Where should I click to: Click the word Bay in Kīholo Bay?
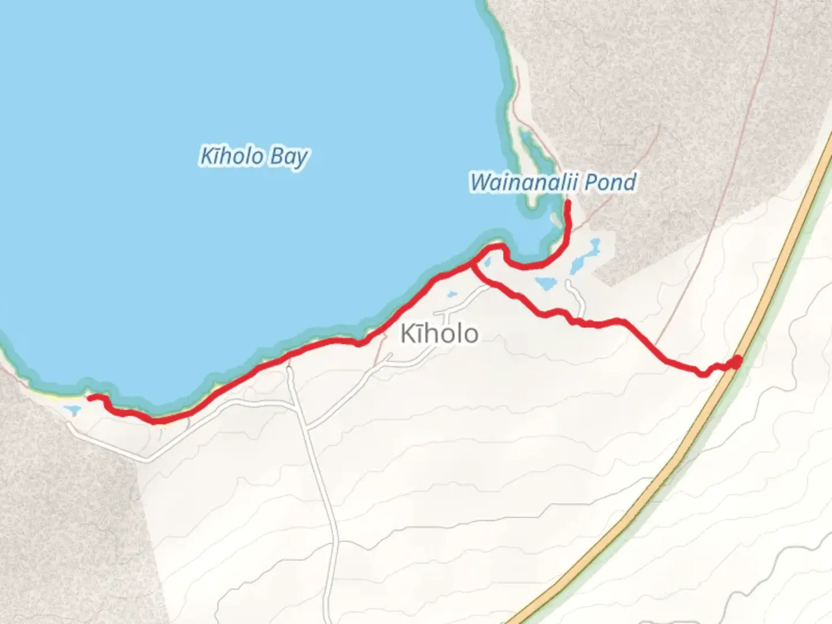tap(288, 158)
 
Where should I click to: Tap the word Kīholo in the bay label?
tap(231, 156)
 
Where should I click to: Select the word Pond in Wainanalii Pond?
tap(610, 183)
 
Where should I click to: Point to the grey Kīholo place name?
tap(439, 334)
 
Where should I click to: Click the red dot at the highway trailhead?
tap(736, 362)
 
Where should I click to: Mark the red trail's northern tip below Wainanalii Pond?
tap(568, 203)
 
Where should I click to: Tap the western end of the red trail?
tap(90, 398)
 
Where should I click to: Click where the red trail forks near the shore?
tap(473, 265)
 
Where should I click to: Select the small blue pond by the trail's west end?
tap(72, 410)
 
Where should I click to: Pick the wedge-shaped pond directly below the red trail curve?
tap(545, 283)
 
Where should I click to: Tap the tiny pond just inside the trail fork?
tap(486, 263)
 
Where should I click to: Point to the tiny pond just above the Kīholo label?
tap(450, 295)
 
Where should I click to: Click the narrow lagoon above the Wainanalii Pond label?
tap(529, 147)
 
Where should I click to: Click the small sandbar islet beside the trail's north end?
tap(556, 220)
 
